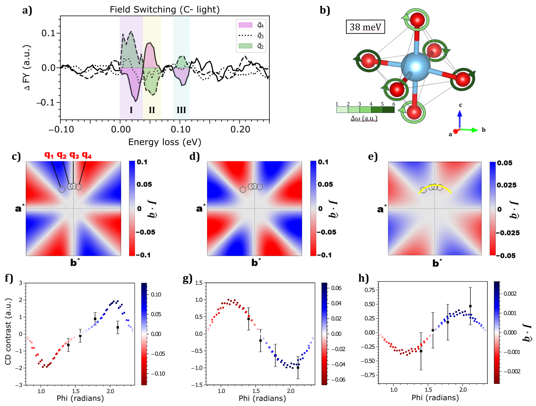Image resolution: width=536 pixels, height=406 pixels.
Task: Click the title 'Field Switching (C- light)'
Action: [165, 9]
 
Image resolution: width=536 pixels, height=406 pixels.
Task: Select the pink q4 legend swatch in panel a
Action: [245, 25]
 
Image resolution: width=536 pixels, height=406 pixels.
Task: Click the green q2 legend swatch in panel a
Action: [245, 46]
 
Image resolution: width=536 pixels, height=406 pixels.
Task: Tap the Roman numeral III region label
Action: [181, 110]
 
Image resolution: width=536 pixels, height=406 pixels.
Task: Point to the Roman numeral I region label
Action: [131, 110]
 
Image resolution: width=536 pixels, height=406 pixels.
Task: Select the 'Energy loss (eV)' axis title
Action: [165, 142]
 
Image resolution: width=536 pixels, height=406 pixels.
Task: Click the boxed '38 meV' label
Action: [365, 27]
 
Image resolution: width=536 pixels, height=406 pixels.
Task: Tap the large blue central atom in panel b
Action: [415, 67]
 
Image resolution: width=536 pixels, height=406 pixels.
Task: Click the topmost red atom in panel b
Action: [417, 19]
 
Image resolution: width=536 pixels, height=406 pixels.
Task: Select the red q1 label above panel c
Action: [49, 155]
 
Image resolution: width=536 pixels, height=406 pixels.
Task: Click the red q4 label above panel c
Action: [87, 156]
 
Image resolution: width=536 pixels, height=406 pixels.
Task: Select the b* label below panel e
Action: [436, 263]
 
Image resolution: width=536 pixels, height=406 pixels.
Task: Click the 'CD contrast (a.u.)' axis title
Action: [8, 331]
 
